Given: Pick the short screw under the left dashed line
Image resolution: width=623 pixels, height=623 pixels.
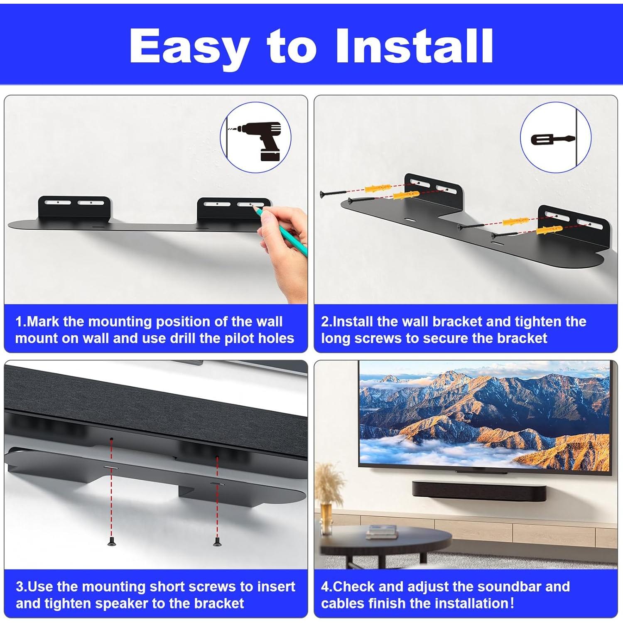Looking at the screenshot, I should click(111, 541).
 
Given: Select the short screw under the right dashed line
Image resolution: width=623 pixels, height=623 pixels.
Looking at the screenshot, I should click(216, 541).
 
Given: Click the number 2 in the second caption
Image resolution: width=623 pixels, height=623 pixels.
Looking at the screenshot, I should click(325, 321).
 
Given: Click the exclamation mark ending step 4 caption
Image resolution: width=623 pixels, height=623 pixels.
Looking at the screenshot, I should click(512, 603).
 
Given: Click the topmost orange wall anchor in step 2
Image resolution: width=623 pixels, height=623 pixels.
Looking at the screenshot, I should click(378, 189).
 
